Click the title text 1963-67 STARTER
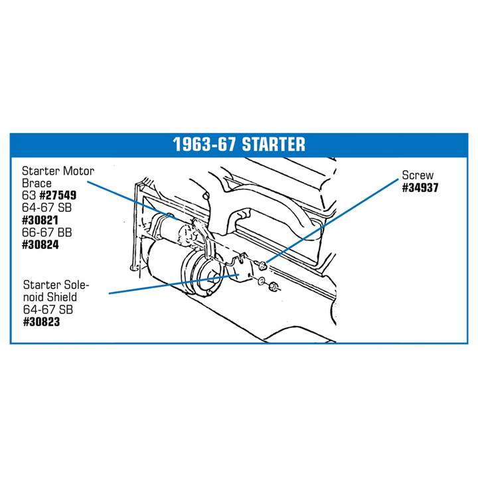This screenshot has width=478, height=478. click(x=239, y=145)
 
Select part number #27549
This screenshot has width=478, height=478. click(x=58, y=195)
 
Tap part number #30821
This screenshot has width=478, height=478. click(x=40, y=220)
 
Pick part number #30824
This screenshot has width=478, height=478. click(x=40, y=245)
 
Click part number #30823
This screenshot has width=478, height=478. click(x=41, y=322)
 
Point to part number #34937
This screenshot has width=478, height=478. click(x=420, y=188)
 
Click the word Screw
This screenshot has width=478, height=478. click(x=418, y=175)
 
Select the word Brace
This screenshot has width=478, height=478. click(x=37, y=183)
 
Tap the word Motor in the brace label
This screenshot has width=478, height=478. click(x=78, y=171)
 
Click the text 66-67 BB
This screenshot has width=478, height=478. click(x=47, y=232)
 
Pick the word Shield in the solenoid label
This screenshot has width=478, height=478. click(x=62, y=297)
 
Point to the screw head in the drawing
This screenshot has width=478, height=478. click(x=262, y=265)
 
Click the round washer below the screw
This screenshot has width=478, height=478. click(x=262, y=281)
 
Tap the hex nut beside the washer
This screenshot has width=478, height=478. click(x=273, y=287)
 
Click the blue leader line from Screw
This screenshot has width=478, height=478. click(x=332, y=220)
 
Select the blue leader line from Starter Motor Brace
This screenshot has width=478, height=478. click(x=132, y=200)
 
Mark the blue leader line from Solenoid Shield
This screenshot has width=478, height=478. click(x=174, y=284)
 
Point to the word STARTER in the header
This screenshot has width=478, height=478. click(x=274, y=145)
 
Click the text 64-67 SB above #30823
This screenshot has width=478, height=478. click(x=48, y=310)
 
